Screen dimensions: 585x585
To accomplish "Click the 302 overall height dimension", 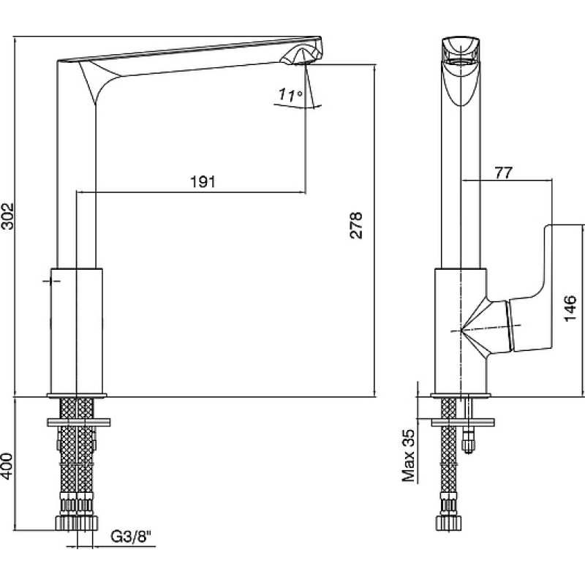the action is point(7,216).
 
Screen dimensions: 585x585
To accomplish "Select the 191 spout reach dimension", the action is point(203,181).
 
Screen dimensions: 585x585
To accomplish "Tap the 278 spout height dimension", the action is point(356,225).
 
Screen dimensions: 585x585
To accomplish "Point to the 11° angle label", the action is point(290,95).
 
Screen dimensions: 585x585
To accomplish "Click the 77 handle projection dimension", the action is point(504,173).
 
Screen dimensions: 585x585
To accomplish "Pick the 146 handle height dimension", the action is point(570,308).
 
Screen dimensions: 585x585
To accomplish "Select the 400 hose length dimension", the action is point(7,467).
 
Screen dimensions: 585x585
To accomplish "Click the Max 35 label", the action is point(409,455).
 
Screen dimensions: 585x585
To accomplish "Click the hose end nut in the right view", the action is point(449,521).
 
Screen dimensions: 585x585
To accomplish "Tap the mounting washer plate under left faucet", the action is point(78,422).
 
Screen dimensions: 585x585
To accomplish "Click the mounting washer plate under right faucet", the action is point(463,423).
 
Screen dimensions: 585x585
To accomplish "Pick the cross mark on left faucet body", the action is point(51,281).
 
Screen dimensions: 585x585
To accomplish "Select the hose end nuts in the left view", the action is point(77,522).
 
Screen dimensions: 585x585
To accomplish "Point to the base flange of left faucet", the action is point(77,395).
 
